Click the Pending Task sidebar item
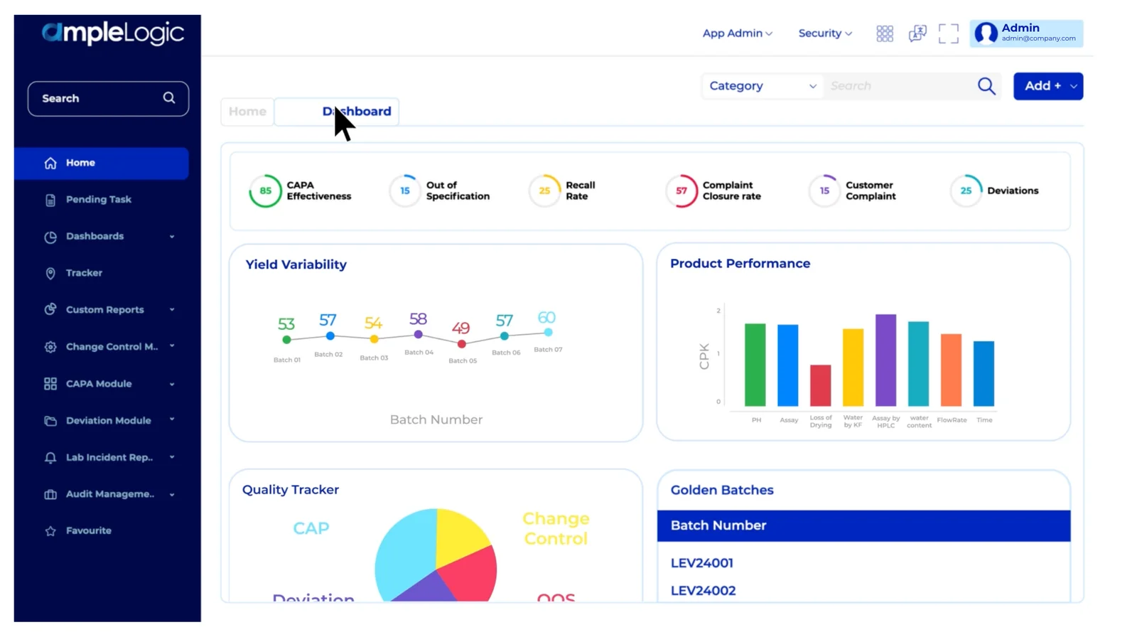(x=98, y=200)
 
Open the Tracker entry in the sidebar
(x=84, y=273)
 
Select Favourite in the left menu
(x=88, y=531)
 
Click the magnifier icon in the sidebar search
(x=169, y=98)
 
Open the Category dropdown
(x=762, y=86)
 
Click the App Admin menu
(x=737, y=33)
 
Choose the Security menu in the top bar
(x=824, y=33)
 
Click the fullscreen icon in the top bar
(x=948, y=33)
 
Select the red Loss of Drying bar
(x=820, y=385)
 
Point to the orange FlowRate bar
(x=951, y=370)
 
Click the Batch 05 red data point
(x=462, y=344)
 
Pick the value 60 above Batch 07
(x=546, y=318)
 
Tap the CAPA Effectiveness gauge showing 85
(x=265, y=191)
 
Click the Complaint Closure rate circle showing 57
(x=681, y=191)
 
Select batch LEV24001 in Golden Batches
(x=702, y=563)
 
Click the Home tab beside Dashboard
(x=247, y=112)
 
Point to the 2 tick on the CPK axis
(x=718, y=311)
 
